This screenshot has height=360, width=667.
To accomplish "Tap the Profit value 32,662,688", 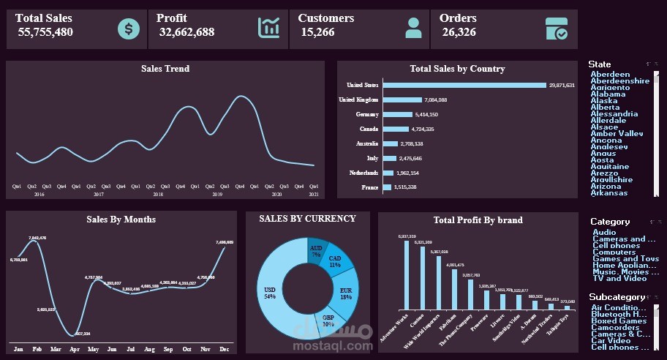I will coord(186,32).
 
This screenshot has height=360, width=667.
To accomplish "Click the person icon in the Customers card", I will coord(413,28).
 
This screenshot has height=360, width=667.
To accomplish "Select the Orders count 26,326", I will coord(459,32).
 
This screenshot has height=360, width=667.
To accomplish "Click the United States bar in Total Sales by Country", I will coord(464,86).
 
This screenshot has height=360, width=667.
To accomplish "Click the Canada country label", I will coord(369,129).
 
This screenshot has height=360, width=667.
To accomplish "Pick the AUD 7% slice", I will coord(317,250).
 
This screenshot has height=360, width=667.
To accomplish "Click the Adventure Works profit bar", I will coord(407,275).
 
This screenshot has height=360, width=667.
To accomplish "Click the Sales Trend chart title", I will coord(165,69).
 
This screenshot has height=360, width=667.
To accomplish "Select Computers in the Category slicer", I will coord(614,252).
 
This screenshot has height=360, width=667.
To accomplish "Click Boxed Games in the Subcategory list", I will coord(619,320).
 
